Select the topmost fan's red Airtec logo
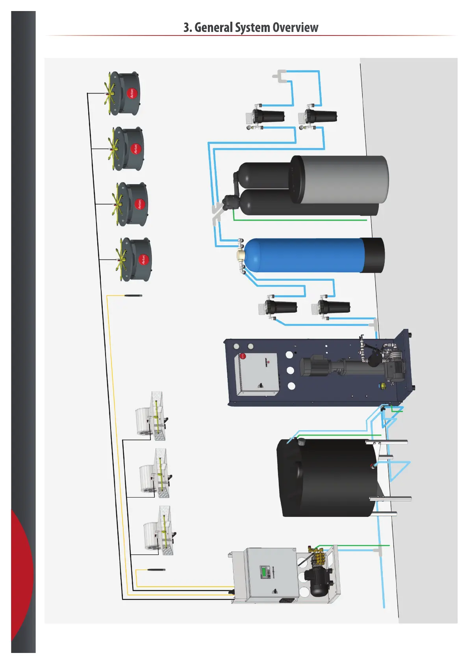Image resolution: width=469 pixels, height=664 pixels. pos(132,93)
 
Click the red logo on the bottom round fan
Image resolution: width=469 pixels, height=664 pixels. pos(143,259)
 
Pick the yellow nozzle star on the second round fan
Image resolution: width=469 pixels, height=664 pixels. pos(114,149)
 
